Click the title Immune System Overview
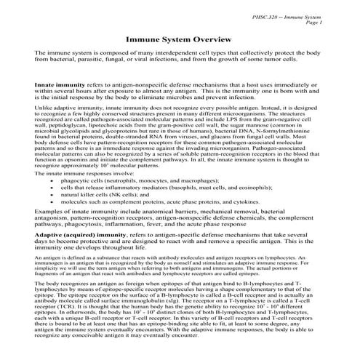pos(179,41)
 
